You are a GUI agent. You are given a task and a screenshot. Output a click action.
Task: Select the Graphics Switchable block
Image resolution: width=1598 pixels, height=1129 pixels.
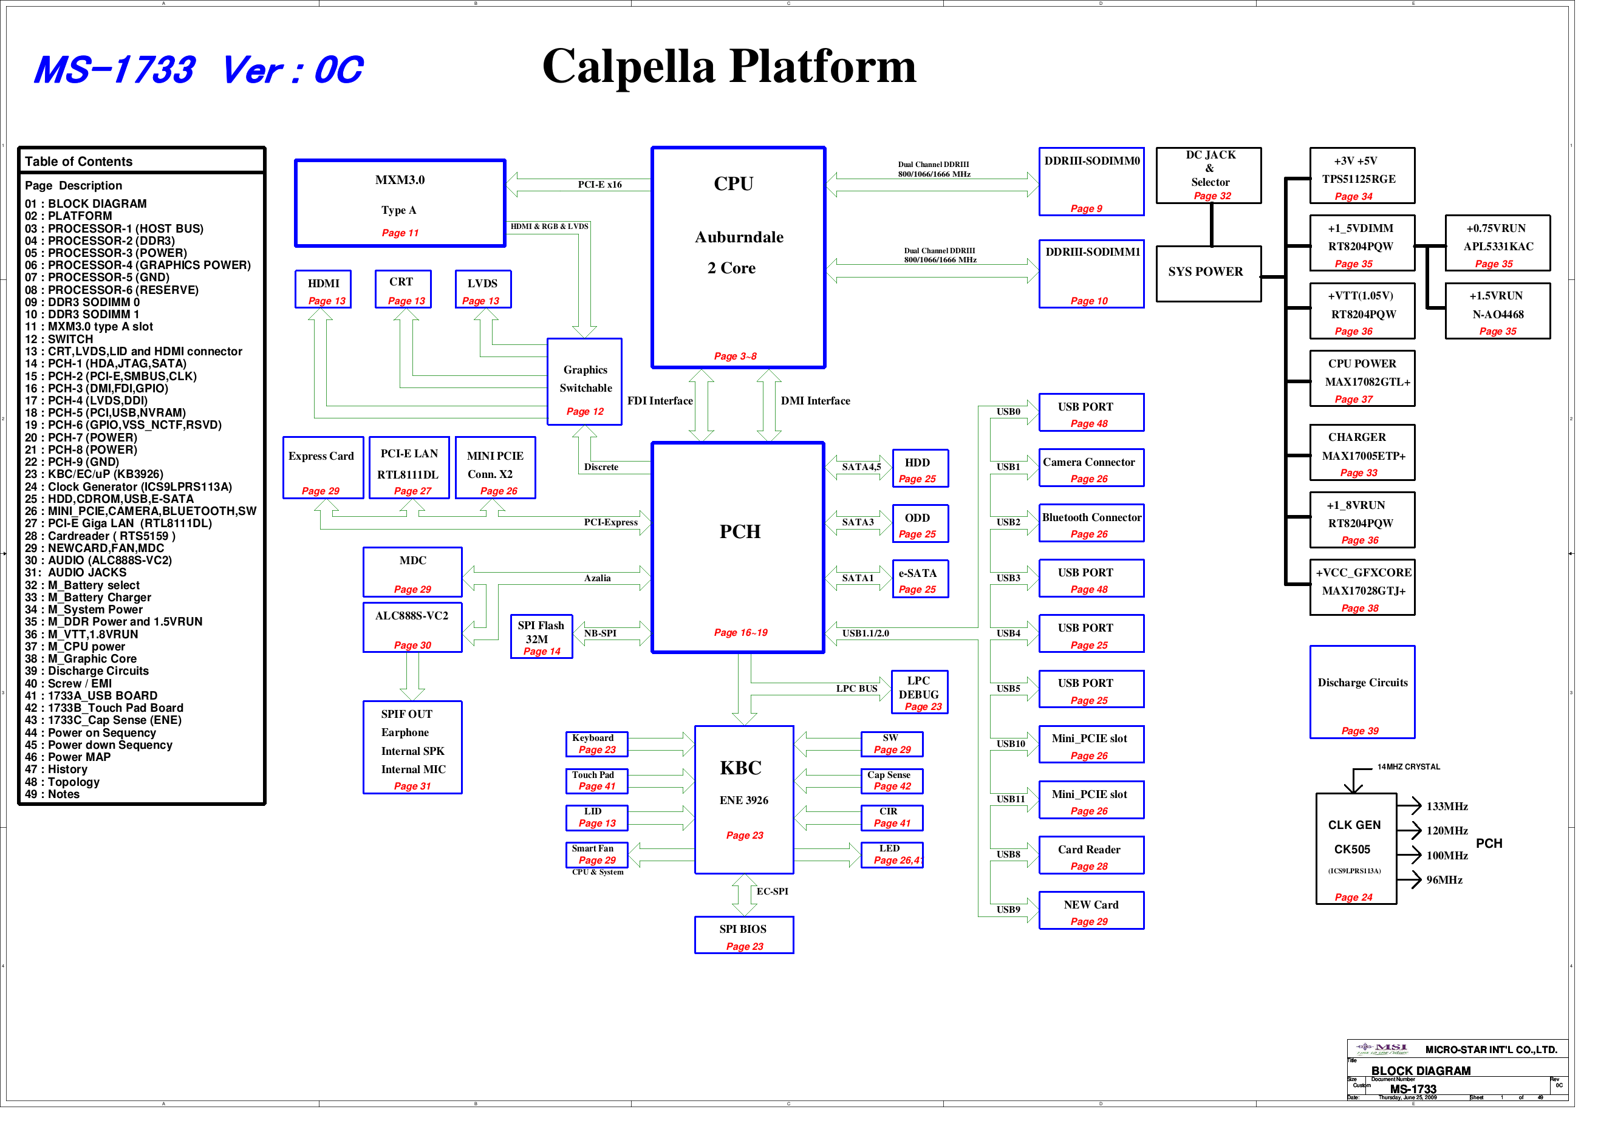tap(585, 381)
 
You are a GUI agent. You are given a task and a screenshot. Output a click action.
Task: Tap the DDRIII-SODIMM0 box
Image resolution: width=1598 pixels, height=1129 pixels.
tap(1091, 181)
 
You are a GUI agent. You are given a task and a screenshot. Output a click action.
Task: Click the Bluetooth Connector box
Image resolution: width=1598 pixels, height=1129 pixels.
tap(1091, 523)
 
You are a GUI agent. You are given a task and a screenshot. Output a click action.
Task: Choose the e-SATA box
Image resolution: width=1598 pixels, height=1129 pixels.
tap(920, 579)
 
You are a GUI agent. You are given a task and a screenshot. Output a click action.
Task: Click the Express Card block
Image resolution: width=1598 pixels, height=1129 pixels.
tap(323, 467)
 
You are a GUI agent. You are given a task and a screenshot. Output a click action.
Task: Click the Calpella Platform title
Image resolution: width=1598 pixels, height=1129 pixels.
tap(729, 67)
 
